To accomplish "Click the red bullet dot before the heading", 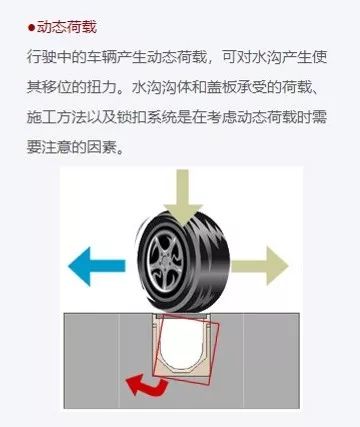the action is click(31, 28).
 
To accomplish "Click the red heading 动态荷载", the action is click(67, 27).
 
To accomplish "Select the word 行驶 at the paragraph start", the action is click(42, 58).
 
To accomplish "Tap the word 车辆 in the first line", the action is click(102, 58).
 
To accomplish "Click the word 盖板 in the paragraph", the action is click(222, 88).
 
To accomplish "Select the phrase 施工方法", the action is click(57, 118).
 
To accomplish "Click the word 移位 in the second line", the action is click(57, 88).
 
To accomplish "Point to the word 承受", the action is click(252, 88).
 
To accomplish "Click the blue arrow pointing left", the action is click(97, 266).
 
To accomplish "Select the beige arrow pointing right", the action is click(259, 266).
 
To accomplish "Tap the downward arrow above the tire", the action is click(183, 197).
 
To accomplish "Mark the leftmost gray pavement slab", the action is click(91, 360).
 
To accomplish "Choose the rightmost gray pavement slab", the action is click(271, 360).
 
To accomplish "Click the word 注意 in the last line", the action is click(57, 147).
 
